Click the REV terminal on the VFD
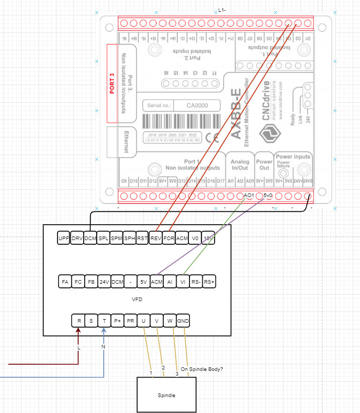[156, 239]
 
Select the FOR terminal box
[169, 239]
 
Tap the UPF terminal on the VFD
[64, 239]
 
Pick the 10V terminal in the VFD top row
[209, 239]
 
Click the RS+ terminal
[209, 282]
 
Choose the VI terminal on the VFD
[182, 282]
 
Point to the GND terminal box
[183, 321]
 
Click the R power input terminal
[79, 321]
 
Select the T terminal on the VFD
[104, 321]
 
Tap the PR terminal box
[130, 321]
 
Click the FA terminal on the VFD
[65, 282]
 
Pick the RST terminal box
[142, 239]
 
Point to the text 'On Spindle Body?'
[202, 368]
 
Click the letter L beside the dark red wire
[79, 348]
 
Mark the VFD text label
[137, 299]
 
